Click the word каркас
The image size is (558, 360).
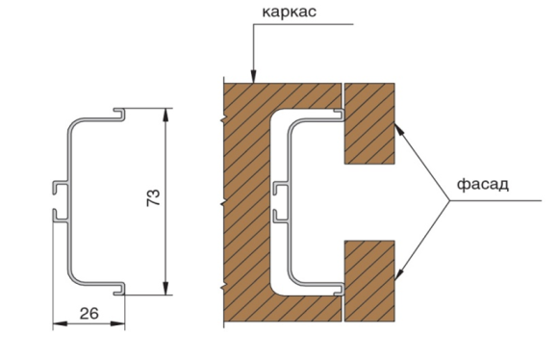point(289,13)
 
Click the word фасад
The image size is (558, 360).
point(483,185)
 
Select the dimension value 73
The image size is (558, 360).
point(154,197)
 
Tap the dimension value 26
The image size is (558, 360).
point(89,314)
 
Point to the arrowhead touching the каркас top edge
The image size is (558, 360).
point(253,76)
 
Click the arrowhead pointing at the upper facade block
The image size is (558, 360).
point(399,129)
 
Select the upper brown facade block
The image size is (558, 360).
point(369,123)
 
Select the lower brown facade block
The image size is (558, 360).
point(369,281)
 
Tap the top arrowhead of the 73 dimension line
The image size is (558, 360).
point(165,115)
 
